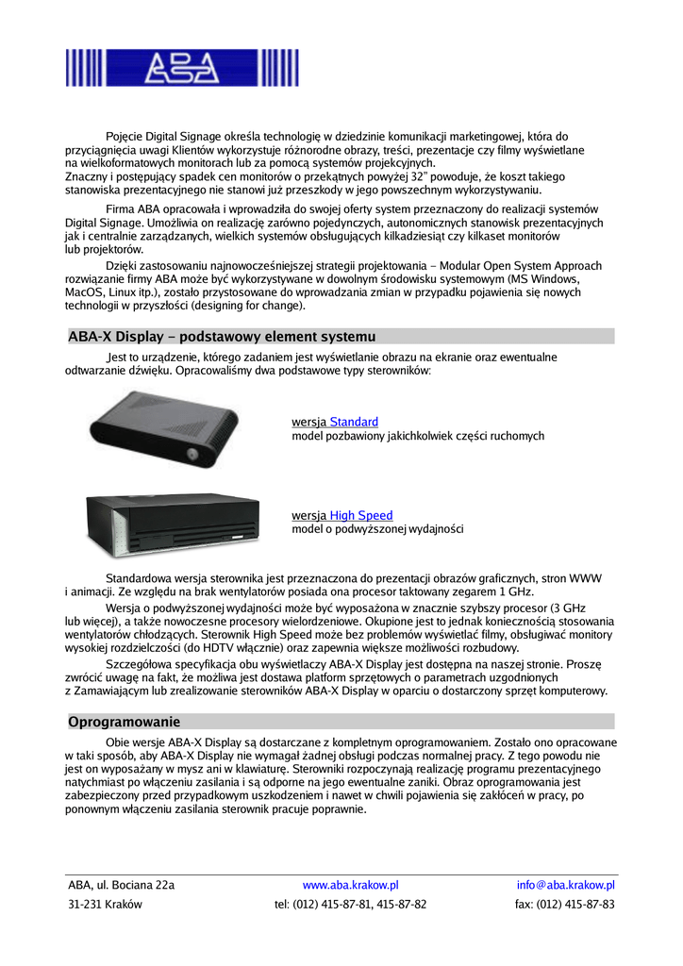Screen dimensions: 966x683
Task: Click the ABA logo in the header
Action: [x=182, y=68]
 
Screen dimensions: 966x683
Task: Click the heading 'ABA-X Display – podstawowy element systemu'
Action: [x=222, y=337]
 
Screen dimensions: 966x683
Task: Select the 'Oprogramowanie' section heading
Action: [x=124, y=722]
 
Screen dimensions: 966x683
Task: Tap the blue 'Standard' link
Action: [x=354, y=422]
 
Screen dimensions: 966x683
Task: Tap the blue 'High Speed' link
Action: [x=361, y=515]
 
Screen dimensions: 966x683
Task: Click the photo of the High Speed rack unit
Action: [x=173, y=525]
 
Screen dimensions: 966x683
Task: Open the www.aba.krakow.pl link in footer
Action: [x=350, y=885]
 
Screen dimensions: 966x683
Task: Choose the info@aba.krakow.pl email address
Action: [x=566, y=885]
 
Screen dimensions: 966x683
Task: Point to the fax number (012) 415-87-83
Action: [x=565, y=904]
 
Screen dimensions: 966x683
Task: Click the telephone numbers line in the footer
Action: [x=350, y=904]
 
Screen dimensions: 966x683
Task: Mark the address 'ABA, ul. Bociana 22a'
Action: [x=121, y=885]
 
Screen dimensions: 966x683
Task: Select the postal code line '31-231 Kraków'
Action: [x=105, y=904]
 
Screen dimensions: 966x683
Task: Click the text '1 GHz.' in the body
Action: [x=515, y=592]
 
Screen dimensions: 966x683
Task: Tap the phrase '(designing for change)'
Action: [x=248, y=307]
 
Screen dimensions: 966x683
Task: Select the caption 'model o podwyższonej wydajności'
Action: [x=377, y=529]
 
